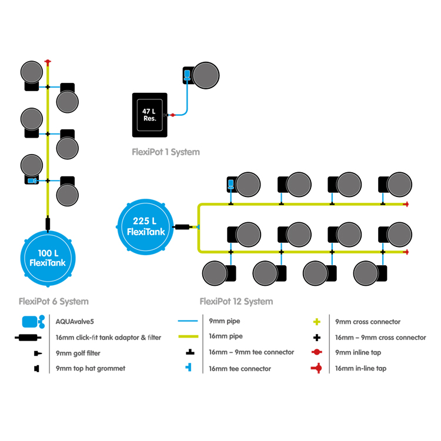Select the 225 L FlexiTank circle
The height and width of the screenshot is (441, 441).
point(145,226)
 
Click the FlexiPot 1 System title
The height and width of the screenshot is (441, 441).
point(166,152)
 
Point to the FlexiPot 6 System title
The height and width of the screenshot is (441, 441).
point(54,302)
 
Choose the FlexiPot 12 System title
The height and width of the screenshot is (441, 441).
point(236,302)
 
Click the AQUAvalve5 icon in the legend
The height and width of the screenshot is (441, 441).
point(33,322)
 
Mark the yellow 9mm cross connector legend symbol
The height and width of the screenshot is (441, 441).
point(316,322)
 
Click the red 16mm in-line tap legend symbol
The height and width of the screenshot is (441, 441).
point(316,368)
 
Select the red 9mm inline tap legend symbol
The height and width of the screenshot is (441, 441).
point(316,353)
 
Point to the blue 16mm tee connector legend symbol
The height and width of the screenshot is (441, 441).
point(190,368)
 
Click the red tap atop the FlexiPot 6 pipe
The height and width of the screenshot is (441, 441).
point(48,61)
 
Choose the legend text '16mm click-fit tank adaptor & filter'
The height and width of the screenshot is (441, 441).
point(108,338)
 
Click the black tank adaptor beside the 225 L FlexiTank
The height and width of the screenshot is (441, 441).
point(182,226)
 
